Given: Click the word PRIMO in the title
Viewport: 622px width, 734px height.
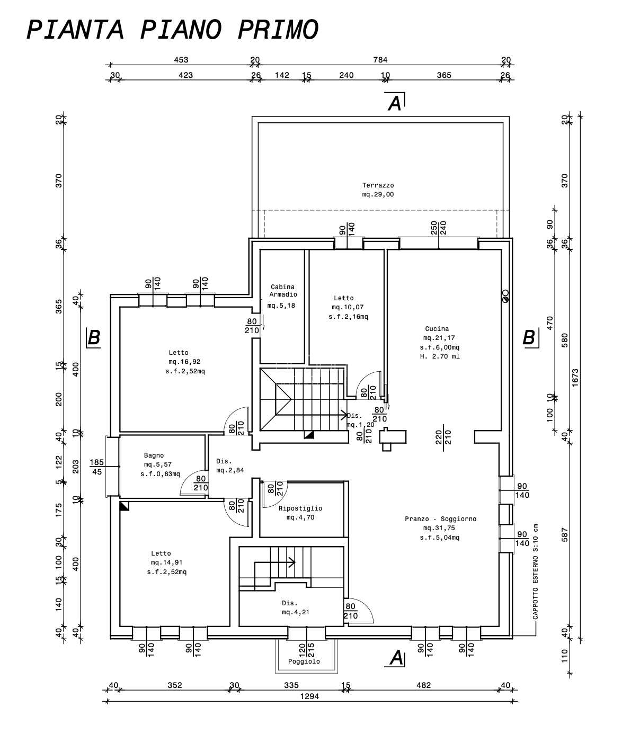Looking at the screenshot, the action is tap(278, 30).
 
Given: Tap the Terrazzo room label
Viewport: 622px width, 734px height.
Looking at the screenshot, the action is tap(378, 185).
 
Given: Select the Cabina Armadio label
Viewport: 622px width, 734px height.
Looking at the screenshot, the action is tap(283, 290).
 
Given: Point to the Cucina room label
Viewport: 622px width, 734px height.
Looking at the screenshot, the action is tap(437, 329).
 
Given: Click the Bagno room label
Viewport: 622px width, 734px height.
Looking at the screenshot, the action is tap(154, 455).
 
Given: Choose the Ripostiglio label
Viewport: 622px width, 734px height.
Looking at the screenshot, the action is tap(300, 508).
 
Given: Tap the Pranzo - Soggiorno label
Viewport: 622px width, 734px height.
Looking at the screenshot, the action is tap(440, 519).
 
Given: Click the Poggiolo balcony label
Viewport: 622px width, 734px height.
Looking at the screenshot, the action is tap(304, 661).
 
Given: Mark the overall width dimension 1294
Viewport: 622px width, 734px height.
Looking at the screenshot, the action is tap(309, 696).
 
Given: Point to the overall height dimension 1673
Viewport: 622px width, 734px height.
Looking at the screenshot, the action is tap(575, 378).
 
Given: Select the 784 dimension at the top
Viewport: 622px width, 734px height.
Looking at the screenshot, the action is tap(380, 60).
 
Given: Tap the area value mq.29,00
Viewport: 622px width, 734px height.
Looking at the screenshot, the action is tap(378, 194).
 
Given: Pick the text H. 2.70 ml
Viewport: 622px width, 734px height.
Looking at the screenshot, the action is tap(440, 356).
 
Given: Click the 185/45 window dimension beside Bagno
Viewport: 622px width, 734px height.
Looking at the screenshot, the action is tap(96, 467).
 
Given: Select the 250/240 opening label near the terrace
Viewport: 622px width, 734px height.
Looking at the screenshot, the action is tap(439, 228).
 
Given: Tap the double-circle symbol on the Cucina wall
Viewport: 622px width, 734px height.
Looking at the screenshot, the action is tap(505, 296).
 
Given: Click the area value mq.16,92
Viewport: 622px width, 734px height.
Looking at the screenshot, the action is tap(184, 362).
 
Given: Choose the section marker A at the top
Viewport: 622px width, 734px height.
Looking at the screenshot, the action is tap(395, 103).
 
